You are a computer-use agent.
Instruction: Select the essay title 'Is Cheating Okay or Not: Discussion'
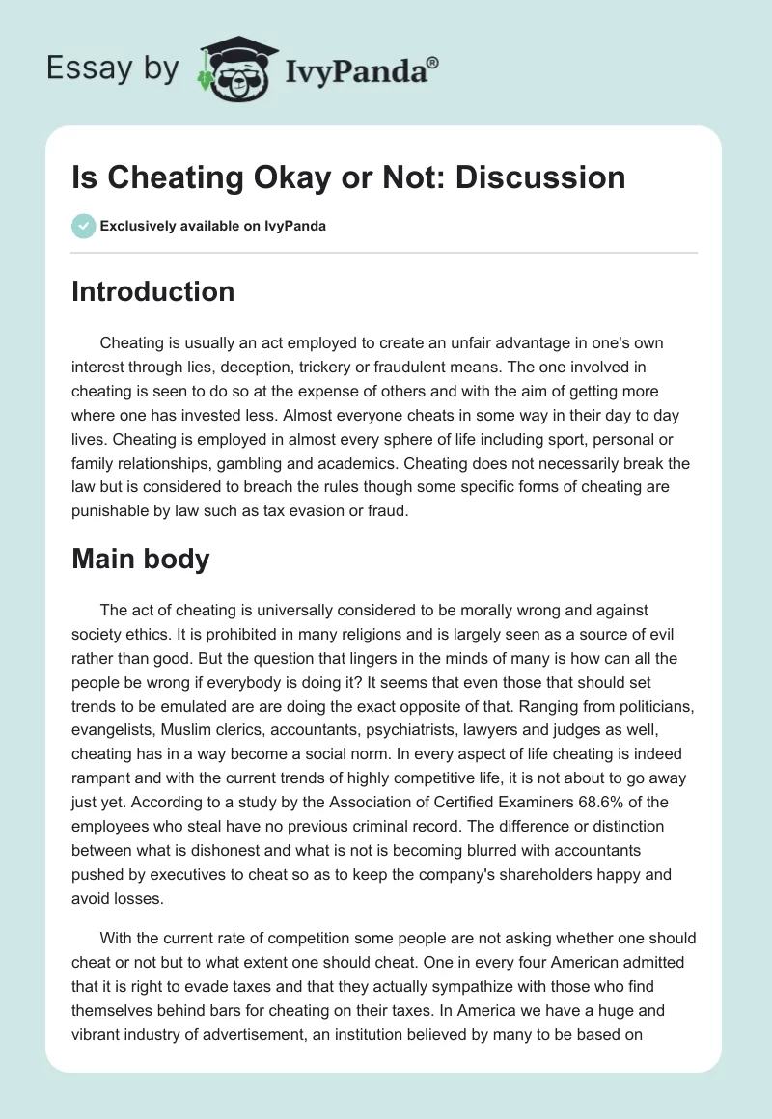348,177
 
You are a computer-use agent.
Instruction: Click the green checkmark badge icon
83,226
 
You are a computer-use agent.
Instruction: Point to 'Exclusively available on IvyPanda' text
213,226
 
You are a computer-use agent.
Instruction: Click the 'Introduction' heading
152,292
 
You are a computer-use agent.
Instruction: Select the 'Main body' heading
140,559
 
